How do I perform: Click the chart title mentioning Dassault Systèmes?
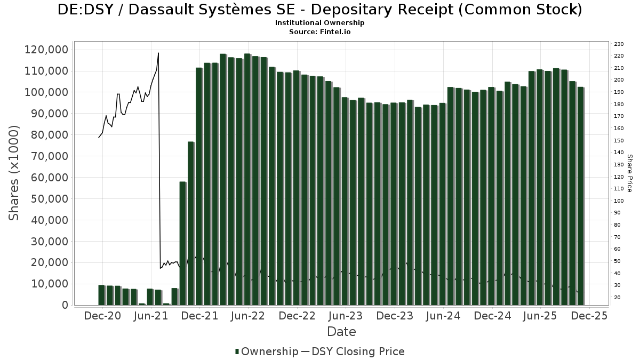tap(319, 10)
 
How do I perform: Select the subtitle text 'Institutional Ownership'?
tap(319, 23)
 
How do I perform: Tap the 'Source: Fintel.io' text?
tap(319, 32)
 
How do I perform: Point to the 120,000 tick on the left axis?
tap(47, 50)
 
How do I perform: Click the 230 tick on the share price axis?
tap(619, 44)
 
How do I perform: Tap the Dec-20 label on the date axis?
tap(103, 316)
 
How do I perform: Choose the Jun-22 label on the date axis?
tap(248, 316)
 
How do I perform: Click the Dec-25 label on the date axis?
tap(589, 316)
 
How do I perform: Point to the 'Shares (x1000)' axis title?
tap(14, 172)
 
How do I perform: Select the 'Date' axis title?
tap(341, 332)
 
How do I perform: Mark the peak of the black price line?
tap(158, 53)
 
